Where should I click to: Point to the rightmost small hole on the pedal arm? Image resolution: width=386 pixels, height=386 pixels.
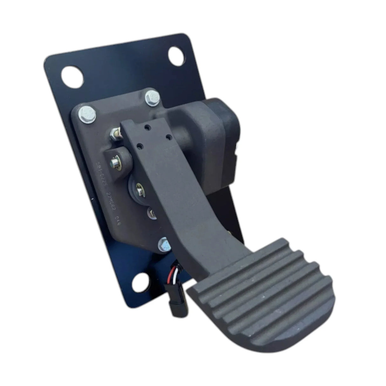pos(169,137)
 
